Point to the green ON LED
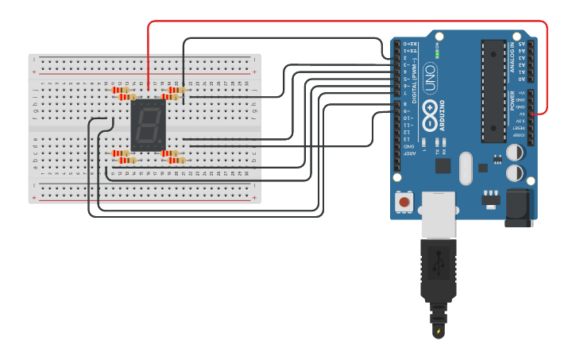(x=437, y=54)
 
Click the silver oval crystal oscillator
(x=466, y=168)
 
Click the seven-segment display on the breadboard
(x=148, y=124)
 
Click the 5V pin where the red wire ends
(x=530, y=114)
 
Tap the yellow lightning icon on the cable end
(x=438, y=331)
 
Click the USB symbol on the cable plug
(x=438, y=262)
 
